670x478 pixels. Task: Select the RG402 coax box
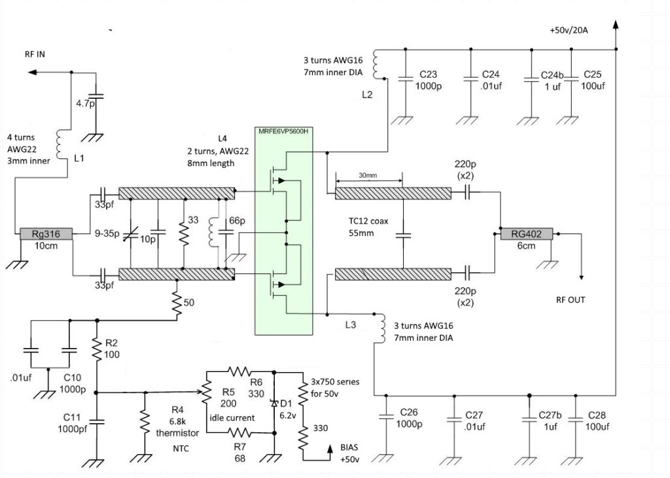point(527,233)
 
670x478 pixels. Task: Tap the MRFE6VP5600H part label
point(283,131)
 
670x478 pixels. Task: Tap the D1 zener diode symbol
point(273,403)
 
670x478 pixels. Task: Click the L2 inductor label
point(367,95)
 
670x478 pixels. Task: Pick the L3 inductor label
point(349,325)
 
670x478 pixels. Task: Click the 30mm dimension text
point(368,175)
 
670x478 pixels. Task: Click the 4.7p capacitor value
point(84,103)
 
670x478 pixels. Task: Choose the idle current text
point(232,418)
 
